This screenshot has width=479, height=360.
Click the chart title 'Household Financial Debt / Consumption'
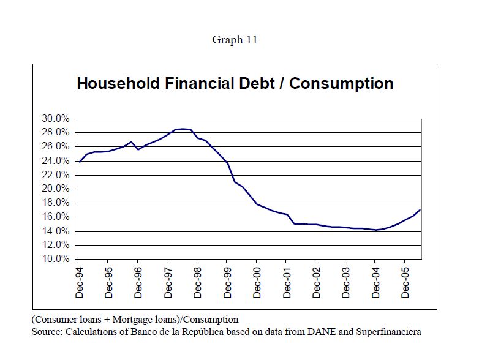click(x=235, y=83)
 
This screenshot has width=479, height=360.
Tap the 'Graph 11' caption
click(x=235, y=40)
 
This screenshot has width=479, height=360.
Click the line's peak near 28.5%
click(x=183, y=129)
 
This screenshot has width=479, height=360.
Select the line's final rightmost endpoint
click(x=420, y=210)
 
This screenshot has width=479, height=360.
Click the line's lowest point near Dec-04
click(x=376, y=230)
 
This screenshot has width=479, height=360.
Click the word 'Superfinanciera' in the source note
click(x=390, y=332)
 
